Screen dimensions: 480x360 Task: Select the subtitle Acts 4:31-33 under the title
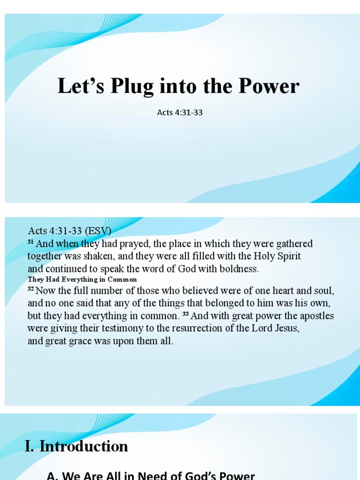180,112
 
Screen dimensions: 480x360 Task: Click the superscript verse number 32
30,289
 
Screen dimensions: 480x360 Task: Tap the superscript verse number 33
186,314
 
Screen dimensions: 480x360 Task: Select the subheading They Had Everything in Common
82,279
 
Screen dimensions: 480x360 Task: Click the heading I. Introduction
76,446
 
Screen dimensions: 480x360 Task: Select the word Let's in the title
76,87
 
